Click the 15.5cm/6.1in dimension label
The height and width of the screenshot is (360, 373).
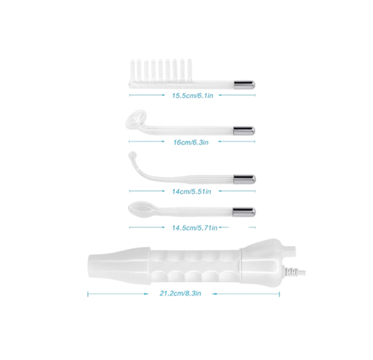point(193,95)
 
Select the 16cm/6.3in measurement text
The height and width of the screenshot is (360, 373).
point(191,142)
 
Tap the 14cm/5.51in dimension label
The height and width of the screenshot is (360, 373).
point(191,191)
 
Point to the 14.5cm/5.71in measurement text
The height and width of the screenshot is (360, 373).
point(194,228)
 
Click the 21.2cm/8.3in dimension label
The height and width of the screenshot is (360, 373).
point(180,293)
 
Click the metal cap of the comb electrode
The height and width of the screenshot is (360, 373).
point(245,85)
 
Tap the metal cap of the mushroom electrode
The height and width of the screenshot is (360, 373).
point(244,131)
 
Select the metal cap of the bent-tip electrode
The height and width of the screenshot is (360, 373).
point(245,179)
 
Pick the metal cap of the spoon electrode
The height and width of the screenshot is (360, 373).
point(244,212)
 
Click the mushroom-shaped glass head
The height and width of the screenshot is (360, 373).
point(136,119)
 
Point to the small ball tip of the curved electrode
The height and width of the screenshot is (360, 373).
point(132,155)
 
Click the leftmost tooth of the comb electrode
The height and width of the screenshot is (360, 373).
point(132,70)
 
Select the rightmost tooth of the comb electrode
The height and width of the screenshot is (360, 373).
point(189,70)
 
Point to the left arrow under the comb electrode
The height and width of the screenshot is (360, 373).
point(147,95)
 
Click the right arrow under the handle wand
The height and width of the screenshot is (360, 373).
point(246,294)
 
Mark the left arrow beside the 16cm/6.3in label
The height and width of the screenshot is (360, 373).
point(147,142)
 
